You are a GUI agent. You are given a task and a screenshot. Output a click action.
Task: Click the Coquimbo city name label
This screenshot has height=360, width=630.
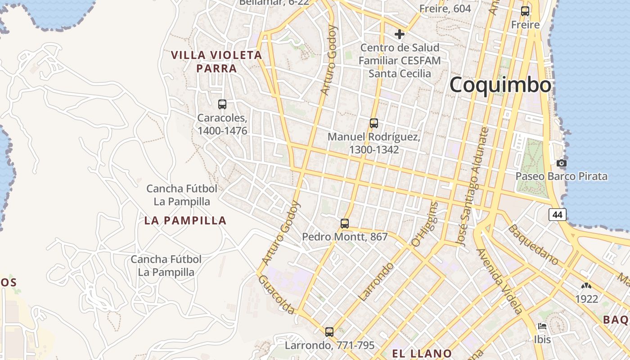pyautogui.click(x=500, y=85)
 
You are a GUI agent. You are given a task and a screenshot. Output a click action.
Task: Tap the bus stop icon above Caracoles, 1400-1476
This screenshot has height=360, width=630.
pyautogui.click(x=222, y=104)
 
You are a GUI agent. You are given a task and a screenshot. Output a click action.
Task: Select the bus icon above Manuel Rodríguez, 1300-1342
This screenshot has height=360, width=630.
pyautogui.click(x=373, y=123)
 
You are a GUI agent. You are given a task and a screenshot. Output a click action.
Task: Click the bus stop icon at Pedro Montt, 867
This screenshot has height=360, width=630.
pyautogui.click(x=345, y=223)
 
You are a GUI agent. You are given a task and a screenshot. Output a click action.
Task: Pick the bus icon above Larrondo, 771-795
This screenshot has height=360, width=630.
pyautogui.click(x=329, y=332)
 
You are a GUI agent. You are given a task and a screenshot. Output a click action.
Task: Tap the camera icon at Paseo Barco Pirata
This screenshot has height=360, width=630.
pyautogui.click(x=562, y=163)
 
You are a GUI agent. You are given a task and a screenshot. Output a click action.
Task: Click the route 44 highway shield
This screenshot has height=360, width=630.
pyautogui.click(x=558, y=215)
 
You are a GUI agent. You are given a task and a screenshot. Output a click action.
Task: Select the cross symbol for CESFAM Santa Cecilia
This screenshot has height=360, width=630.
pyautogui.click(x=399, y=34)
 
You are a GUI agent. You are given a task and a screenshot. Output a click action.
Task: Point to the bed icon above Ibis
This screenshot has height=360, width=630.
pyautogui.click(x=542, y=326)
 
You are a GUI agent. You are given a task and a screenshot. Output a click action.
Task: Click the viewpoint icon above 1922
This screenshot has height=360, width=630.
pyautogui.click(x=586, y=286)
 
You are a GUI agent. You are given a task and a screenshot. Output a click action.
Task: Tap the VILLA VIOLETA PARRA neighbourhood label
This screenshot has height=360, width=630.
pyautogui.click(x=216, y=62)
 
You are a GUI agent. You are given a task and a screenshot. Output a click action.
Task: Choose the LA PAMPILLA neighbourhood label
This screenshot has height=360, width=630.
pyautogui.click(x=185, y=220)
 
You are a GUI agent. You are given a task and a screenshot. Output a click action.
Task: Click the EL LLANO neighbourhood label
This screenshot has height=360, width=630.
pyautogui.click(x=422, y=353)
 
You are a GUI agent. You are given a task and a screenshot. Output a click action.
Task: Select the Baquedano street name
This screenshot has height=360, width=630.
pyautogui.click(x=533, y=244)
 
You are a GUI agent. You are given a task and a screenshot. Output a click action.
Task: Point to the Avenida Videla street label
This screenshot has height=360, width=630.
pyautogui.click(x=500, y=281)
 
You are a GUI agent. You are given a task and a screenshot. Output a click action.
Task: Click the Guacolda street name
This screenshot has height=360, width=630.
pyautogui.click(x=277, y=295)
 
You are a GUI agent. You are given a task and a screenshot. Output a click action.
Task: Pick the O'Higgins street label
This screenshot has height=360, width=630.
pyautogui.click(x=424, y=224)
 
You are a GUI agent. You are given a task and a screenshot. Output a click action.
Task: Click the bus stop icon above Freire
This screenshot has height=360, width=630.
pyautogui.click(x=525, y=11)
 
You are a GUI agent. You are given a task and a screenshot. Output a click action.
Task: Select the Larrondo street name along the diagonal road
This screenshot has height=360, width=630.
pyautogui.click(x=376, y=282)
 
